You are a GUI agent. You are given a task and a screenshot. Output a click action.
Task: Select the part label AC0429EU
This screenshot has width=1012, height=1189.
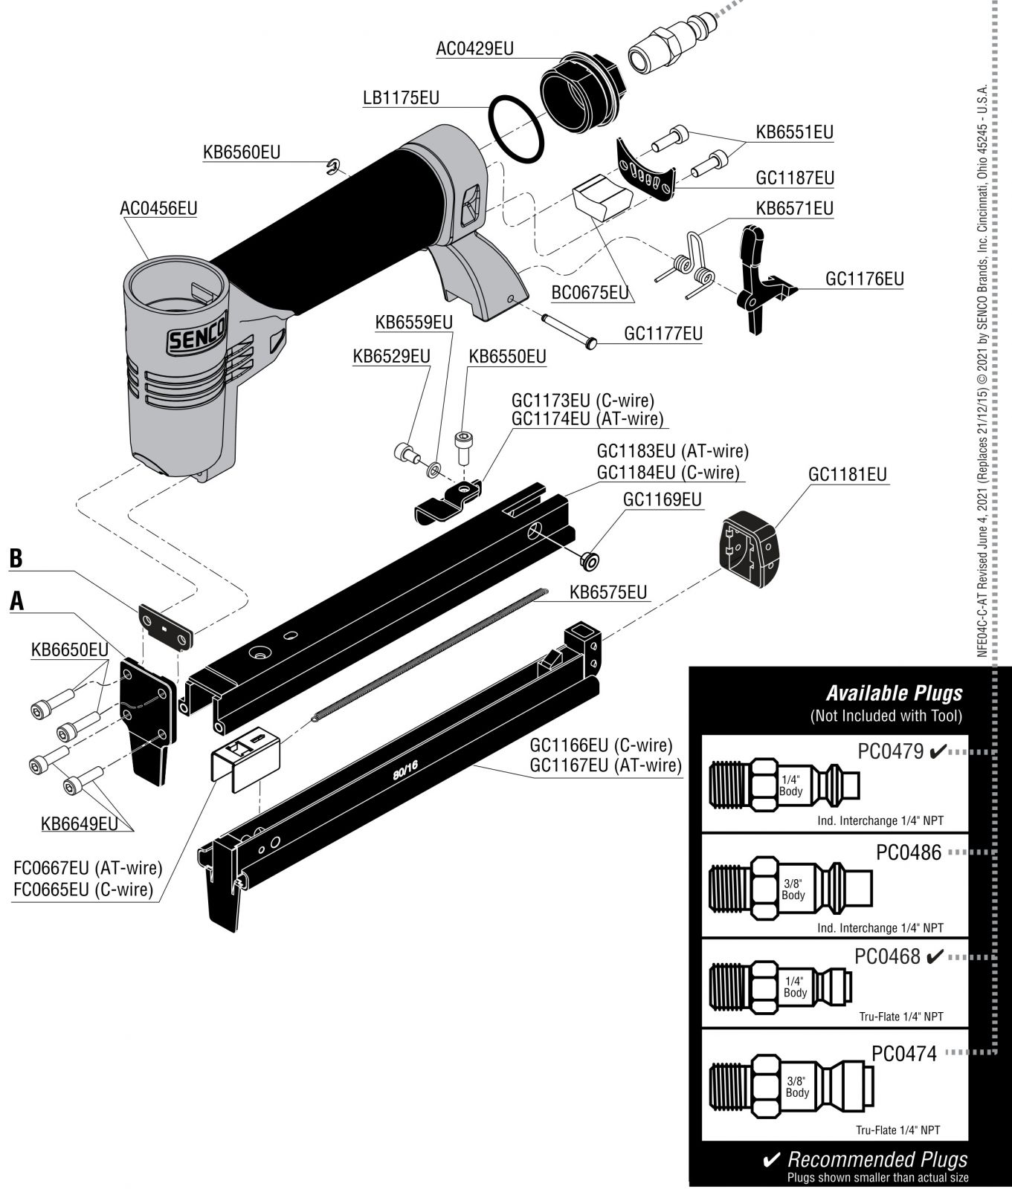click(x=475, y=49)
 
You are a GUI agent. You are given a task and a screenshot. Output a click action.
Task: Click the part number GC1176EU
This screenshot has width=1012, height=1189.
click(x=864, y=279)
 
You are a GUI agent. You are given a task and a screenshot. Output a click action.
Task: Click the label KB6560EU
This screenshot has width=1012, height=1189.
click(x=242, y=152)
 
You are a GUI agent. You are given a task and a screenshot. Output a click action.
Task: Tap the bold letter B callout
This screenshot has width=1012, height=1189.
click(x=16, y=559)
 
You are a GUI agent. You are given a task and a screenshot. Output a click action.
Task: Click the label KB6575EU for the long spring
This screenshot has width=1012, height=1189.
click(x=607, y=592)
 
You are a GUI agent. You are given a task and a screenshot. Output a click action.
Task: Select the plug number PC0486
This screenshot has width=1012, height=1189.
click(x=908, y=852)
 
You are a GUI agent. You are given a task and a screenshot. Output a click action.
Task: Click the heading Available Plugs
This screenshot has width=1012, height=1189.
click(x=894, y=693)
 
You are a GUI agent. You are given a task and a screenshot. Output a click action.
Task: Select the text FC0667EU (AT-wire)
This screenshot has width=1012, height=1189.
click(x=88, y=868)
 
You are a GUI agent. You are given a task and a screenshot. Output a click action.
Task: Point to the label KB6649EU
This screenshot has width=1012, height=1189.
click(x=79, y=823)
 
